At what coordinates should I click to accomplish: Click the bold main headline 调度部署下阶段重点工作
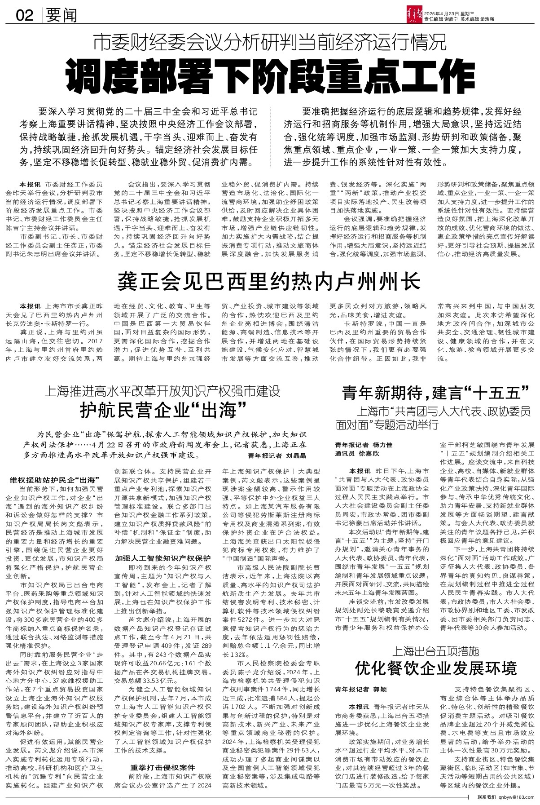(x=270, y=75)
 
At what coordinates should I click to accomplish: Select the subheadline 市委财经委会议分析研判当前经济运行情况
(x=270, y=43)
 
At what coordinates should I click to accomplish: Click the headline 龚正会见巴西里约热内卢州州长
(x=269, y=282)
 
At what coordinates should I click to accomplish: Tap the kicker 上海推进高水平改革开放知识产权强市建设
(x=162, y=391)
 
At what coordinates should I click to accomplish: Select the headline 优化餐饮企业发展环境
(x=436, y=668)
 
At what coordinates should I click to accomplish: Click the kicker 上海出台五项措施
(x=435, y=650)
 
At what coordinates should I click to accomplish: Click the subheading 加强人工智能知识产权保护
(x=162, y=558)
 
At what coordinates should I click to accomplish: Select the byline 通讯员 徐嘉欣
(x=358, y=454)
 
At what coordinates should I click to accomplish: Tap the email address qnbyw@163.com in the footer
(x=513, y=797)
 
